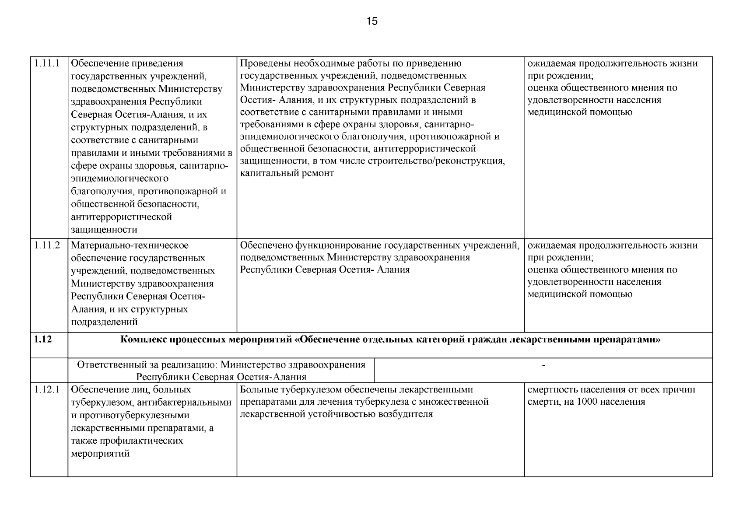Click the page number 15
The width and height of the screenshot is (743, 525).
371,21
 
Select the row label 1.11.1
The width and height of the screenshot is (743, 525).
46,63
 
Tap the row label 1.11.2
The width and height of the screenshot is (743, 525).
46,245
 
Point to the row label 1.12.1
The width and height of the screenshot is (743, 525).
46,389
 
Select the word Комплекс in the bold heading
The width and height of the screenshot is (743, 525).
143,339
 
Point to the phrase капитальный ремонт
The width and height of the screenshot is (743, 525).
287,173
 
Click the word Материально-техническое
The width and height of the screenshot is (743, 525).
130,245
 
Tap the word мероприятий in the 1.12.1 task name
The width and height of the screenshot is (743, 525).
100,454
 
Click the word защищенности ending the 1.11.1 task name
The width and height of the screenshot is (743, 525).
104,230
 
